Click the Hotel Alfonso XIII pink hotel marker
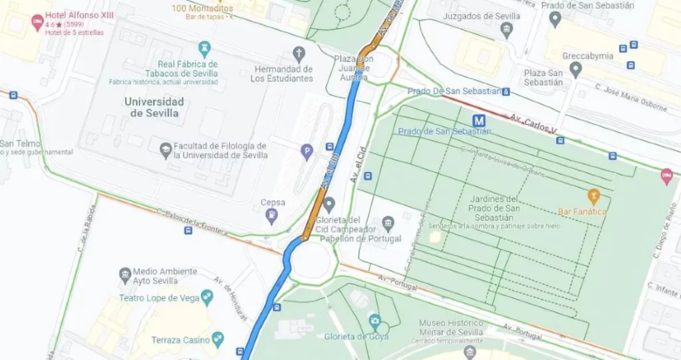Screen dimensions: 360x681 point(37,22)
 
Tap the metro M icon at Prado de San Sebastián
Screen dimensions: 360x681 point(478,120)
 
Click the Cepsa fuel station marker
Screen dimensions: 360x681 point(271,214)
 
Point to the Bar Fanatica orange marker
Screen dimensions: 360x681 point(594,196)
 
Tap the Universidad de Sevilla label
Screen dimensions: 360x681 point(154,107)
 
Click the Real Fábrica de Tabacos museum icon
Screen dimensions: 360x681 point(204,48)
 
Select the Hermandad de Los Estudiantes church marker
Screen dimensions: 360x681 point(299,53)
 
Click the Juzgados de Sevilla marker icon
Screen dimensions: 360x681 point(507,29)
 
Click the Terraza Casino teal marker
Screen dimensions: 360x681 point(218,339)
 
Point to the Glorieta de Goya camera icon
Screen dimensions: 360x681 point(375,321)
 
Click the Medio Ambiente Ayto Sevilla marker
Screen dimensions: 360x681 point(125,274)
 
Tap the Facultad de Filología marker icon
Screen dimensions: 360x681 point(166,150)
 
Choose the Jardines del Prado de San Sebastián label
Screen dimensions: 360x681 point(493,208)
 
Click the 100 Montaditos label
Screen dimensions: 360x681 point(202,9)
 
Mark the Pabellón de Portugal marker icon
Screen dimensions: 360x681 point(389,222)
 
